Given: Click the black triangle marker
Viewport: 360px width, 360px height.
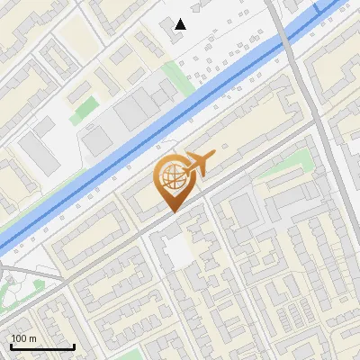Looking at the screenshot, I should click(181, 24).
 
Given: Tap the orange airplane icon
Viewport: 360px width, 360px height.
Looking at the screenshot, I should click(198, 163).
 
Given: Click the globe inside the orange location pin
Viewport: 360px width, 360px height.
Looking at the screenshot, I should click(171, 178).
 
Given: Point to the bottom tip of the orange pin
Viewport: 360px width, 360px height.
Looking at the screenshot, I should click(172, 212).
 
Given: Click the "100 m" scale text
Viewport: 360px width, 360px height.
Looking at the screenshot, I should click(23, 338).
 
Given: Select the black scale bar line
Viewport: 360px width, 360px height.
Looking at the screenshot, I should click(42, 346).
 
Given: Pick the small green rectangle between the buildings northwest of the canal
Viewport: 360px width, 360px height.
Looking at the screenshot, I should click(84, 111).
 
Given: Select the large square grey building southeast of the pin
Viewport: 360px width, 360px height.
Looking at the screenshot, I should click(243, 212).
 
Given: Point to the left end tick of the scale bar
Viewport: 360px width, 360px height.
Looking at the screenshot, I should click(12, 346).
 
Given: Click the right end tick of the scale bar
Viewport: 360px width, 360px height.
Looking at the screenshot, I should click(74, 346).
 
